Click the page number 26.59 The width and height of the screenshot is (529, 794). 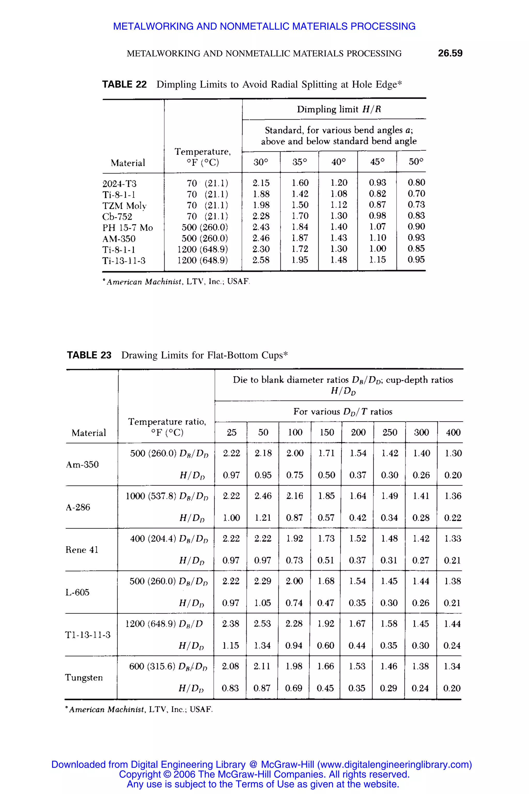click(450, 53)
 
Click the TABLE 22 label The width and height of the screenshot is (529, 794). click(124, 85)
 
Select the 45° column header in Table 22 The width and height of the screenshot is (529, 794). click(377, 162)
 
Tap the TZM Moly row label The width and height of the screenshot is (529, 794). click(124, 205)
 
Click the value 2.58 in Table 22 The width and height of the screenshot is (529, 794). click(261, 260)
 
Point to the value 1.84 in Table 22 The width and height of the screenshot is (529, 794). click(300, 227)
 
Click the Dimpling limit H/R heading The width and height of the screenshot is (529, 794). click(338, 109)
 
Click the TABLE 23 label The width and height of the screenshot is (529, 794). click(89, 355)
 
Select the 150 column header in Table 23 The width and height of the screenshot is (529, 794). click(326, 432)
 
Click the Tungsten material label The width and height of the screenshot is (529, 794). click(84, 677)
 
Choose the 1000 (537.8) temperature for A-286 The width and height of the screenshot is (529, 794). click(151, 496)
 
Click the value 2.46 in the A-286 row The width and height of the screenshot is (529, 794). click(263, 496)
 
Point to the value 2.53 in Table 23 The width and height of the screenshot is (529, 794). click(262, 623)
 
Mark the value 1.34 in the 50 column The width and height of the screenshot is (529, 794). click(262, 645)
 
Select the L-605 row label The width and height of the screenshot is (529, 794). click(77, 592)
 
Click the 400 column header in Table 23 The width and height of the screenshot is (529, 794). click(453, 432)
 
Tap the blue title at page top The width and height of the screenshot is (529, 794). click(264, 26)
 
